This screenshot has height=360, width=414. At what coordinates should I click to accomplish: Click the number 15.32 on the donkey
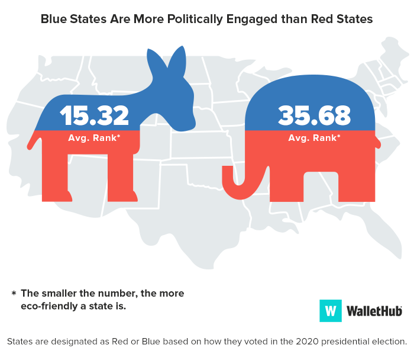coord(94,115)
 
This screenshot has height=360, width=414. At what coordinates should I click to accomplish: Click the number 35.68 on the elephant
coord(313,115)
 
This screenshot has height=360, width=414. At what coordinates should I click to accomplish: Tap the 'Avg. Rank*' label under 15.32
coord(94,138)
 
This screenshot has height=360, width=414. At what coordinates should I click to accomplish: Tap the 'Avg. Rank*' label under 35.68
coord(313,138)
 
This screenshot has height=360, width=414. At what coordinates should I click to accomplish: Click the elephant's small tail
coord(378,142)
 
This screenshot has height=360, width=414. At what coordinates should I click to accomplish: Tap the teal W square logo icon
coord(331,310)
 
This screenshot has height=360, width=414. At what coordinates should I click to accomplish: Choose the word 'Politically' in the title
coord(198,19)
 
